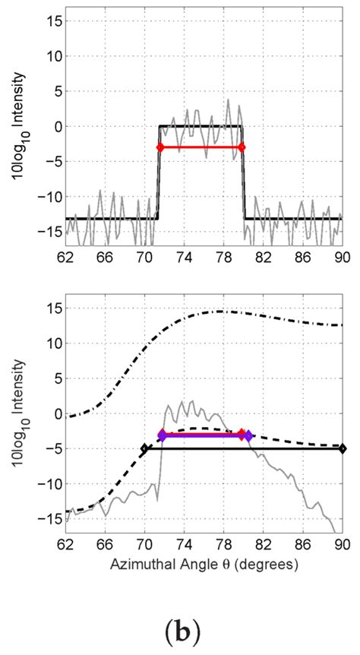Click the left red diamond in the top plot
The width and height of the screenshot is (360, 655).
159,147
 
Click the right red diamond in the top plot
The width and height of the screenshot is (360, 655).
242,147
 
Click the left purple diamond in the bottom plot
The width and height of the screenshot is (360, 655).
162,435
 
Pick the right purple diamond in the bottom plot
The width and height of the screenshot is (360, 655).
248,435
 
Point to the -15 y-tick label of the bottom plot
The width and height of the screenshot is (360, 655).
49,518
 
